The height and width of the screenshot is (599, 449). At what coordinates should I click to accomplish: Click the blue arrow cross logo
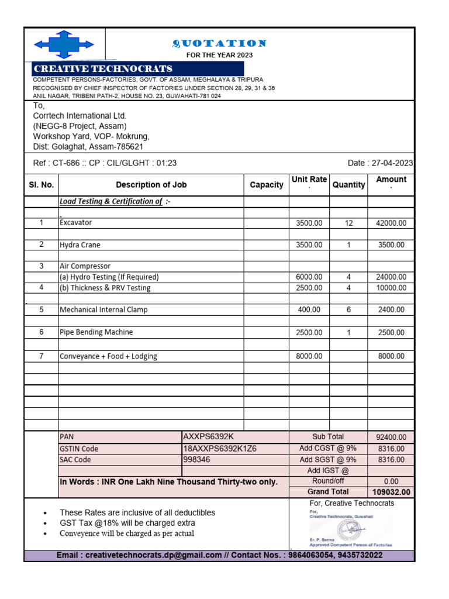[64, 44]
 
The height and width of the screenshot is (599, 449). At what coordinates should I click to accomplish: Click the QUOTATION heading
[219, 43]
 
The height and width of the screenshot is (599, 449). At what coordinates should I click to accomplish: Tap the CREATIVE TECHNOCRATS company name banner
[103, 68]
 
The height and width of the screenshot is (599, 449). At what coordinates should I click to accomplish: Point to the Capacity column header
[266, 185]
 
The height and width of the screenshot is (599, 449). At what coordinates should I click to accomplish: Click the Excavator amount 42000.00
[391, 223]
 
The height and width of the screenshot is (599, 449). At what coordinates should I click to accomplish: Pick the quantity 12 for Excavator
[348, 223]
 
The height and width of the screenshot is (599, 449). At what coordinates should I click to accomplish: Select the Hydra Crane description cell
[80, 245]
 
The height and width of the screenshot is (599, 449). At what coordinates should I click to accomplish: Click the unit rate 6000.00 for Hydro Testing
[309, 277]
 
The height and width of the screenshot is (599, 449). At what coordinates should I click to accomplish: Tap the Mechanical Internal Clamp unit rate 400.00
[309, 309]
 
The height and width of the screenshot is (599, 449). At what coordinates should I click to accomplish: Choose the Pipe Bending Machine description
[96, 332]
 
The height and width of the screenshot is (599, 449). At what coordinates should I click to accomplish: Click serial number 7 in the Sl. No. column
[41, 356]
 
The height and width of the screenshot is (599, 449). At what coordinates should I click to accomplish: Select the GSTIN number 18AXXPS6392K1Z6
[220, 449]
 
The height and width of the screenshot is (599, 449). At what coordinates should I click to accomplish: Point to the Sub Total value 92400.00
[391, 437]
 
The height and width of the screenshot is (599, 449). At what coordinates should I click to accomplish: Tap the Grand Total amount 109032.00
[391, 492]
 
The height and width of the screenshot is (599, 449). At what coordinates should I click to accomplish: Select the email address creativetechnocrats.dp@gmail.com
[154, 555]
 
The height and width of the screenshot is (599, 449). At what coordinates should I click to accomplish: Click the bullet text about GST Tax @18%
[127, 523]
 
